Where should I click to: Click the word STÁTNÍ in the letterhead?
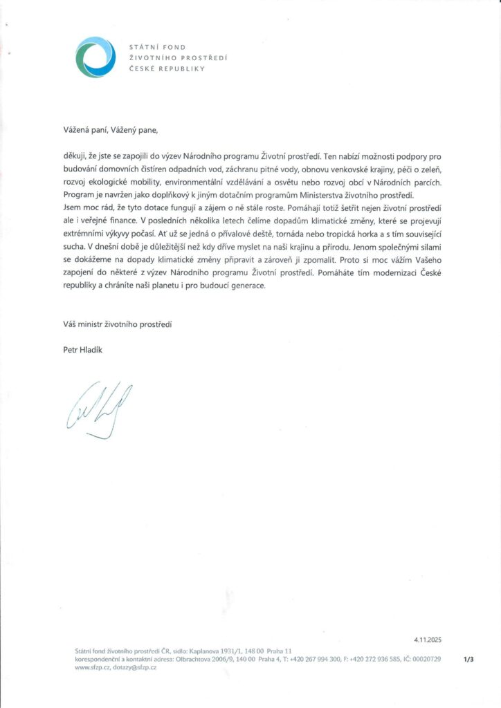(x=143, y=46)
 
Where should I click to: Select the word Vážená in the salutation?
(x=76, y=129)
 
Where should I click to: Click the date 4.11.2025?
(x=428, y=641)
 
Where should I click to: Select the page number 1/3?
(x=469, y=660)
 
